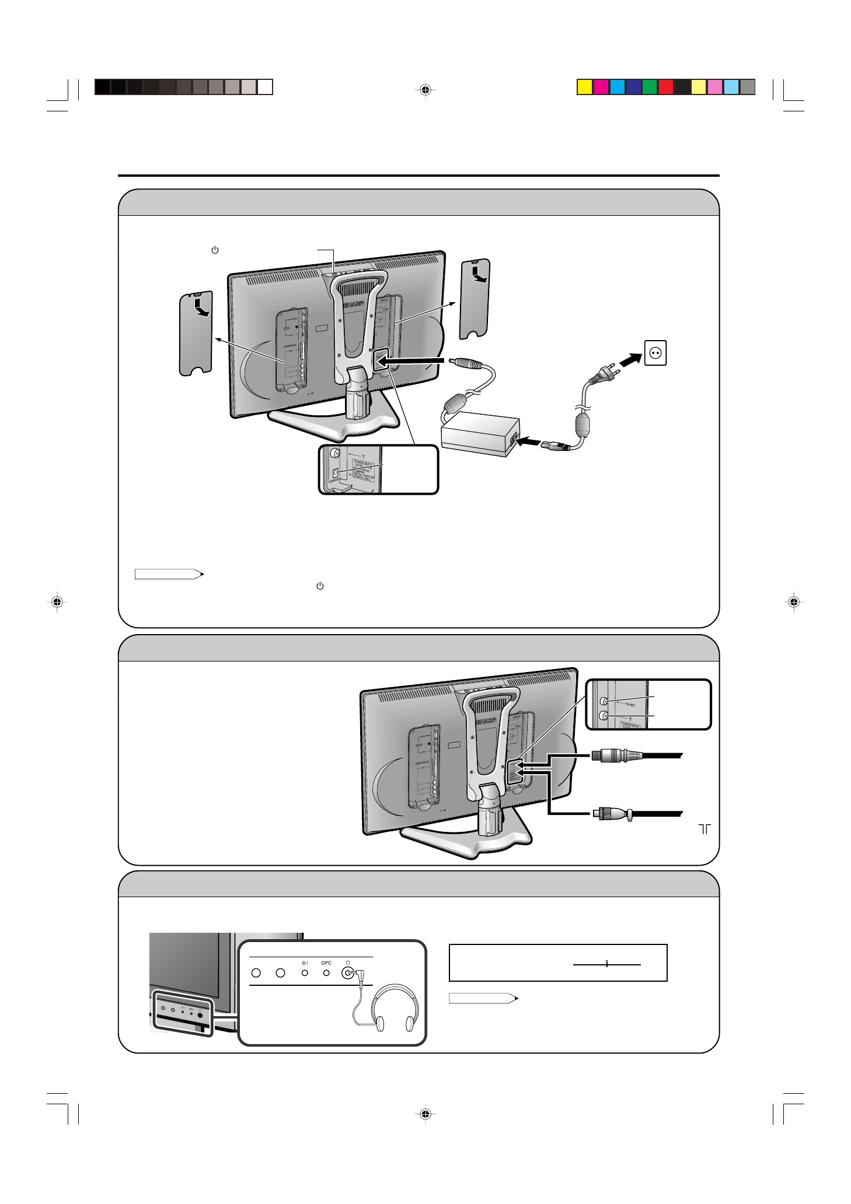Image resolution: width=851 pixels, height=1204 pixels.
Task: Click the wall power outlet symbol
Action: coord(655,353)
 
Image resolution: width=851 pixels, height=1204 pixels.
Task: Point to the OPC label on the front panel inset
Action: coord(326,963)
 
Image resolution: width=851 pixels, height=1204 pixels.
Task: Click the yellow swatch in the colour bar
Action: coord(584,87)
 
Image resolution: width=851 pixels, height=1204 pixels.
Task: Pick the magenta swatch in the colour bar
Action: coord(601,87)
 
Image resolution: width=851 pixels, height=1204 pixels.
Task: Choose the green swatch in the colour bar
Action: coord(650,87)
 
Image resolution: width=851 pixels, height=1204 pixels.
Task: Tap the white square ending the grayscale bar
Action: coord(265,87)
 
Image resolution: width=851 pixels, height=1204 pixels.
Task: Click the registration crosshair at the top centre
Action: coord(425,90)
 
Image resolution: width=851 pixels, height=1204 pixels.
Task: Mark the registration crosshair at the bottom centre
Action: coord(425,1114)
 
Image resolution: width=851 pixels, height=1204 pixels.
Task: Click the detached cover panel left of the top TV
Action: coord(196,333)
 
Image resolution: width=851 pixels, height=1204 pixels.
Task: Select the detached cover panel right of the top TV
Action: coord(475,298)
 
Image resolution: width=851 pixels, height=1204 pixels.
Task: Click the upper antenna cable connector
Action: coord(616,756)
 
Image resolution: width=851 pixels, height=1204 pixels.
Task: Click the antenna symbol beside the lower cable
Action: coord(704,829)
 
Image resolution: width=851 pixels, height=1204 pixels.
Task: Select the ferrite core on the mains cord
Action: coord(583,423)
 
